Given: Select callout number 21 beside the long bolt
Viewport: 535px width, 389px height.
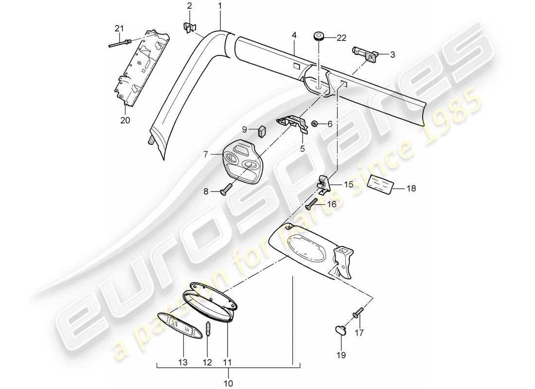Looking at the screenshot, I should click(x=117, y=29).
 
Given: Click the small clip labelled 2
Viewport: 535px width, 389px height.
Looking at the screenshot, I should click(x=189, y=27).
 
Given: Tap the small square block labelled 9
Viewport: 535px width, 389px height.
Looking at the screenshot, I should click(x=262, y=131).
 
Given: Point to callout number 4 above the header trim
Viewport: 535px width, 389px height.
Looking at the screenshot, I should click(x=293, y=35).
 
